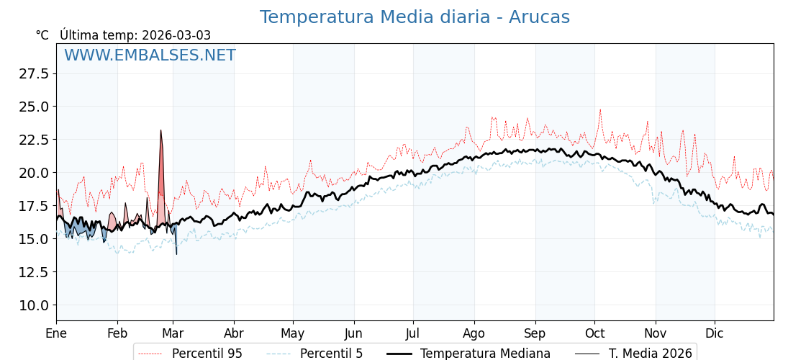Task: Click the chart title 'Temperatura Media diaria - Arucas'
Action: click(x=415, y=17)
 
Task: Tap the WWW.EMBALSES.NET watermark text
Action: click(x=150, y=55)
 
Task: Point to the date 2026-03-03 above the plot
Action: click(x=176, y=35)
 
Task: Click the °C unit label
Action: click(x=42, y=35)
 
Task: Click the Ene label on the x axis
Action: click(x=56, y=333)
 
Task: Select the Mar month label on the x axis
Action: click(x=173, y=333)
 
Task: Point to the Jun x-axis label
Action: click(x=354, y=333)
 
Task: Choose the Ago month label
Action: click(x=474, y=333)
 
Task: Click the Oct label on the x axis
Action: click(x=594, y=333)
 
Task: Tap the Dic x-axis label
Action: click(x=715, y=333)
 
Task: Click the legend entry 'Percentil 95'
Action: click(x=207, y=354)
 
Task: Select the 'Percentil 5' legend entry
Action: click(x=331, y=354)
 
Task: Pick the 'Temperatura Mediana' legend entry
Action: click(x=485, y=354)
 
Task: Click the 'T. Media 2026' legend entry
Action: click(x=650, y=354)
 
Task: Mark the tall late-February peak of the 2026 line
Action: click(x=160, y=131)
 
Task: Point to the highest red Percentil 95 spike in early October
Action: click(x=600, y=110)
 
